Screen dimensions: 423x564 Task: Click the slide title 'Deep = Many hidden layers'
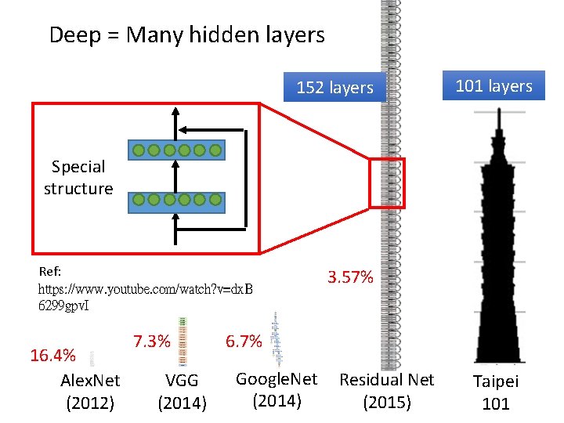coord(186,35)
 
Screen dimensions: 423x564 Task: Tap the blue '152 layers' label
coord(334,88)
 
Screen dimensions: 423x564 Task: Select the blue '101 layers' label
coord(493,86)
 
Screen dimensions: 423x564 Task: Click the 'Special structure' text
coord(78,178)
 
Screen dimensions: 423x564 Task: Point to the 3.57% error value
coord(350,277)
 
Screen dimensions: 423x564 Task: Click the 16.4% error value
coord(52,356)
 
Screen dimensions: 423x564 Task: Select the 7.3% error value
coord(152,342)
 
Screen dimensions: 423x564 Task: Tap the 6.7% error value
coord(244,342)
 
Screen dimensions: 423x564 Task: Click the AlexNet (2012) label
coord(90,392)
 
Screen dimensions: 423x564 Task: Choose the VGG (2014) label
coord(182,392)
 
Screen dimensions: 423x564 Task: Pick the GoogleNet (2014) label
coord(277,390)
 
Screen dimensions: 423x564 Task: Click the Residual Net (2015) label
coord(386,391)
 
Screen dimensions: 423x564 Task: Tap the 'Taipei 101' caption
coord(496,392)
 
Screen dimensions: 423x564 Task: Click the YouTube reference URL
coord(146,296)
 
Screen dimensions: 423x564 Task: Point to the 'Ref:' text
coord(50,272)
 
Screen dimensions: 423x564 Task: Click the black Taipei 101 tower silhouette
coord(496,258)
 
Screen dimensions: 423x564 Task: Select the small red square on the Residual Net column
coord(387,183)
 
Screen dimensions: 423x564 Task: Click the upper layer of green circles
coord(176,150)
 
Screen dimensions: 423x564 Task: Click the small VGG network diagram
coord(183,342)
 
